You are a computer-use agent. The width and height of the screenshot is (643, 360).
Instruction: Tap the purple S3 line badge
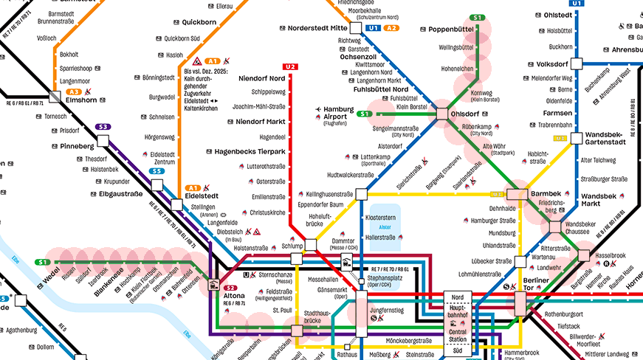(x=104, y=127)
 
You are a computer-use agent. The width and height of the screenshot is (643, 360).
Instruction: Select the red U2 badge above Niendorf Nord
(x=290, y=67)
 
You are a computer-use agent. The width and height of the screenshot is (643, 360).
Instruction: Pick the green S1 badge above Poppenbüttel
(x=478, y=18)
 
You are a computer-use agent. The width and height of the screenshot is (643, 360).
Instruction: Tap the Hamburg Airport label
(x=339, y=113)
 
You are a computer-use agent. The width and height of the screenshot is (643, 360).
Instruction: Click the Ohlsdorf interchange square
(x=442, y=114)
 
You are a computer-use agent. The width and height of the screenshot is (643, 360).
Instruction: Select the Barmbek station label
(x=546, y=193)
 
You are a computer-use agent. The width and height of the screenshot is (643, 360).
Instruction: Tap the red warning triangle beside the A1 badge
(x=198, y=60)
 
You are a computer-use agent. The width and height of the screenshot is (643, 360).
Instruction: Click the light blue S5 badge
(x=157, y=171)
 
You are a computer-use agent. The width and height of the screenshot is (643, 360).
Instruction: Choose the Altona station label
(x=235, y=297)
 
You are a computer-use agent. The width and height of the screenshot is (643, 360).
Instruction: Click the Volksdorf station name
(x=551, y=63)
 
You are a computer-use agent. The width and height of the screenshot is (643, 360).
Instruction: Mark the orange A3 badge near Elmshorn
(x=75, y=92)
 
